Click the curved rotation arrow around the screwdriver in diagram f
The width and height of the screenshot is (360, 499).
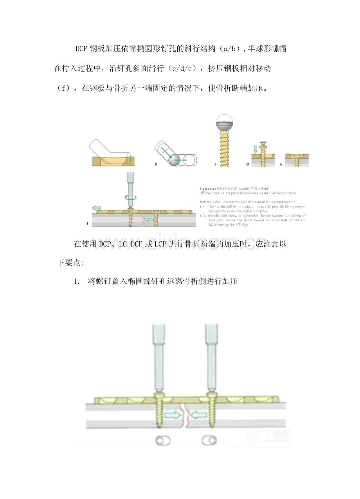pyautogui.click(x=131, y=198)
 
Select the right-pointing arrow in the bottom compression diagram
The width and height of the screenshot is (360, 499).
pyautogui.click(x=172, y=415)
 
